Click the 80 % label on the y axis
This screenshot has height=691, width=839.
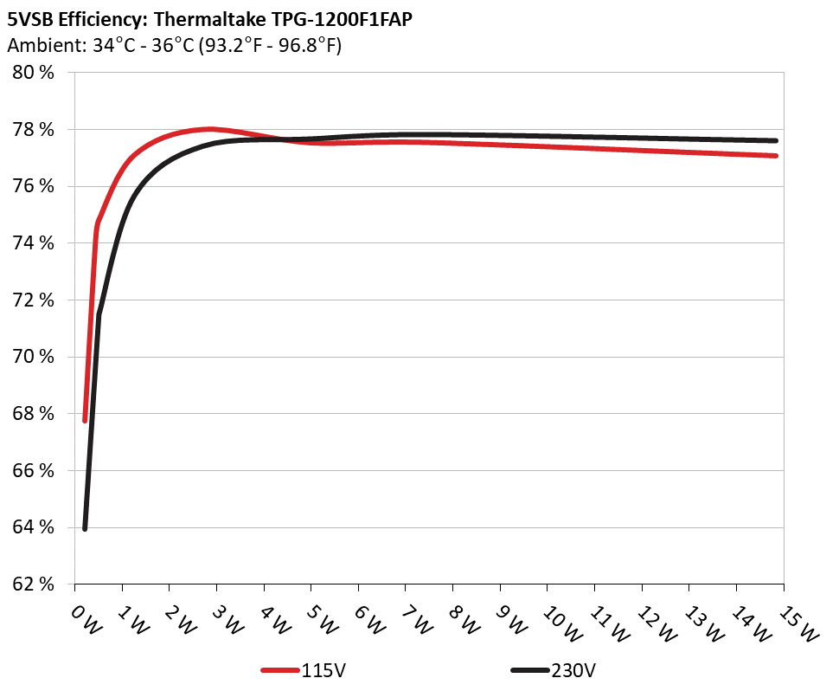click(x=33, y=73)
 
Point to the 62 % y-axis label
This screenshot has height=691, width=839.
click(x=33, y=584)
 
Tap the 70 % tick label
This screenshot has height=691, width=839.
click(x=33, y=357)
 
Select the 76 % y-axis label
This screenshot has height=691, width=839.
click(x=33, y=186)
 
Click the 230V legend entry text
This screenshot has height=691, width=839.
click(x=573, y=670)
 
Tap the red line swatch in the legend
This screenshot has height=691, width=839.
click(x=280, y=670)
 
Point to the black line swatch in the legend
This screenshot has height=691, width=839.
click(x=529, y=670)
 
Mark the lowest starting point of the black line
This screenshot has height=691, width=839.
click(x=85, y=528)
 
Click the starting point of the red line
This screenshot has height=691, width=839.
click(x=85, y=420)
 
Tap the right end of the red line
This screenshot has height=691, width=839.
click(x=776, y=156)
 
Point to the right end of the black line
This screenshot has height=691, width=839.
click(x=776, y=140)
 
